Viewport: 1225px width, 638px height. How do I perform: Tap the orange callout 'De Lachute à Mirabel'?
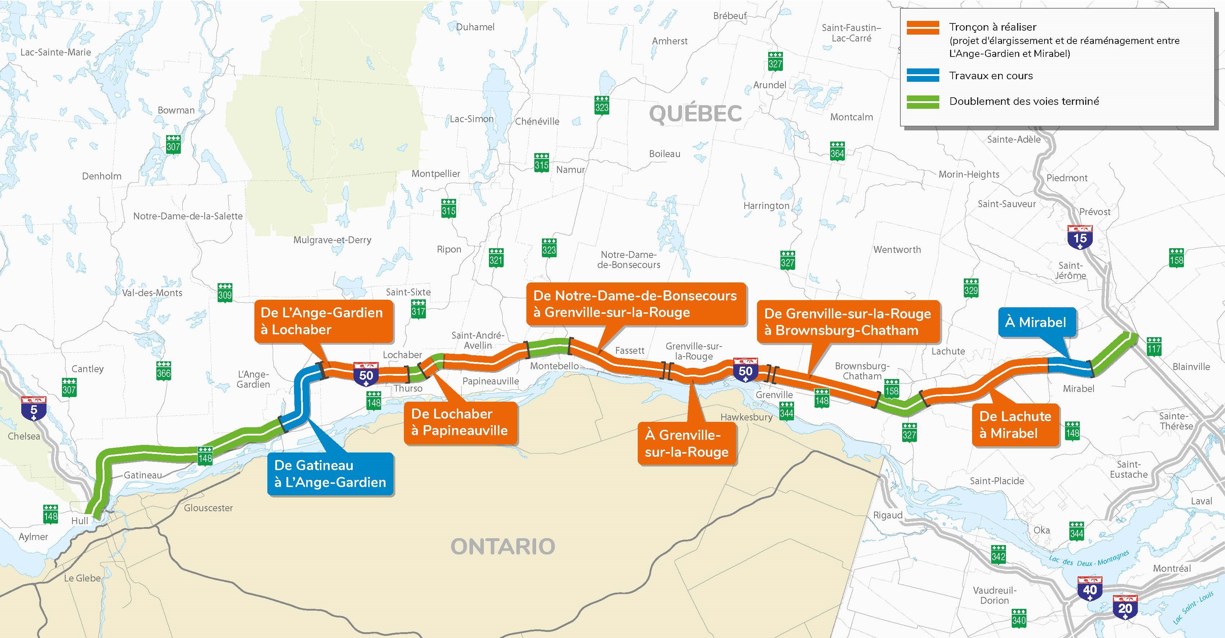point(1015,424)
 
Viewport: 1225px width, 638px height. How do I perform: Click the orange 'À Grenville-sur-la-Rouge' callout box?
point(686,443)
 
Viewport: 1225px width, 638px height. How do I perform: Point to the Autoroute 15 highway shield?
point(1080,237)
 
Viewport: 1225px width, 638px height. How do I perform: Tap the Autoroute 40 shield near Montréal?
point(1090,589)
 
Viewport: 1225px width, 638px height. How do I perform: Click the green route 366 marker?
point(164,371)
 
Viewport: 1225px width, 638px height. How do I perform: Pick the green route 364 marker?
point(837,151)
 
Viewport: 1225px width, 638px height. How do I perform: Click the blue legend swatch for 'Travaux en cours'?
point(923,76)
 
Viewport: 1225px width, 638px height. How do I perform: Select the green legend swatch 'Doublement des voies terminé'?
point(923,101)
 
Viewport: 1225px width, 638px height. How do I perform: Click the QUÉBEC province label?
point(695,113)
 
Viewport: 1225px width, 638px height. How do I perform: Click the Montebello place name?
point(554,366)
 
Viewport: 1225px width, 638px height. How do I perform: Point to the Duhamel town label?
point(475,27)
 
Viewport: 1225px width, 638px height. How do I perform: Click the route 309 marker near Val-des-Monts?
point(225,293)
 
